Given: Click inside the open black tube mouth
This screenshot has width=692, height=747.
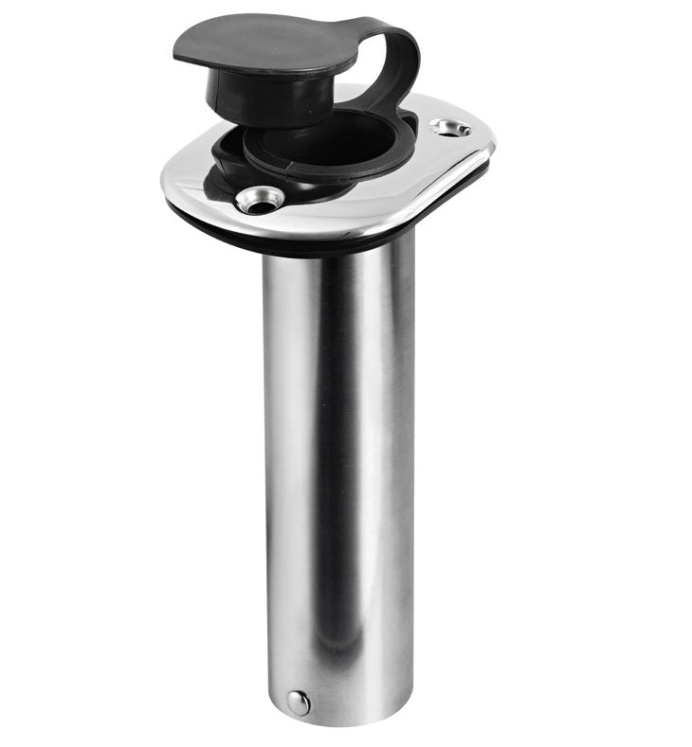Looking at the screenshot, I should pos(322,142).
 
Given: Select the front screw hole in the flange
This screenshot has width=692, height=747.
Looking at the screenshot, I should pos(260,199).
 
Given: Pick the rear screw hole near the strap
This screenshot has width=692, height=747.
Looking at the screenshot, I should pos(450,127).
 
